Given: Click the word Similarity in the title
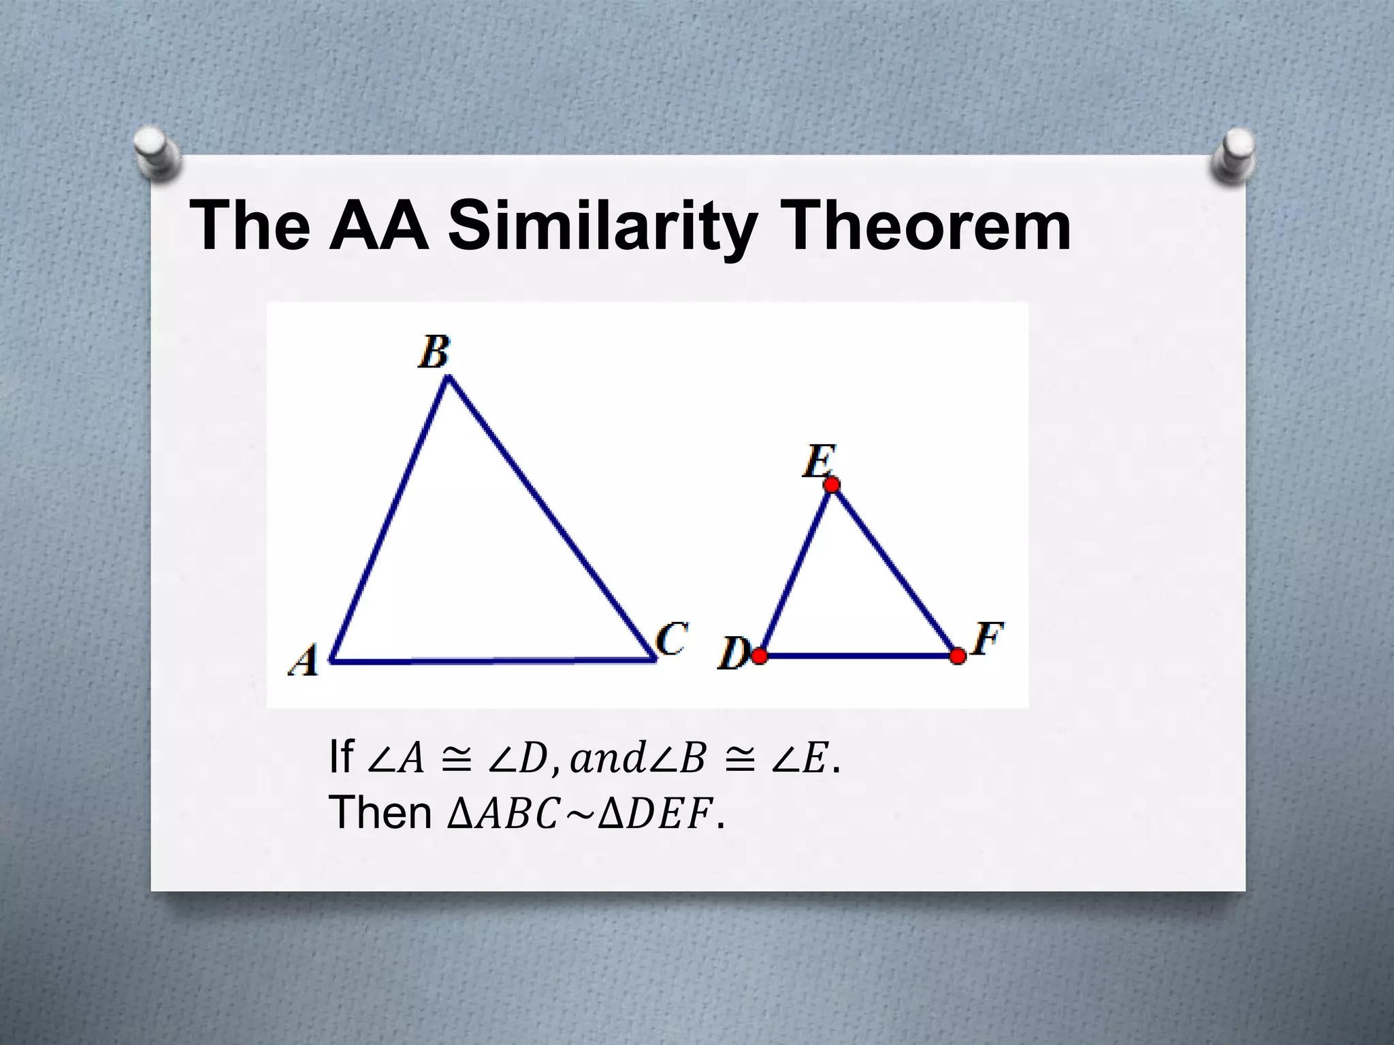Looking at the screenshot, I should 602,227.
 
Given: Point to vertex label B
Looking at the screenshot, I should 434,352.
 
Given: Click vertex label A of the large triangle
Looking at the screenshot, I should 304,660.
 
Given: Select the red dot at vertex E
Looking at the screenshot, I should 831,484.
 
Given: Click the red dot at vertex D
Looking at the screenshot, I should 760,656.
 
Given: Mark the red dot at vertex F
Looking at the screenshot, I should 958,656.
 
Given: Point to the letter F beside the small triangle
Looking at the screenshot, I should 988,639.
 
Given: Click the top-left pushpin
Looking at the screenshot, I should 156,153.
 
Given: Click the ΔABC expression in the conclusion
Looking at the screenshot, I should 502,814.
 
